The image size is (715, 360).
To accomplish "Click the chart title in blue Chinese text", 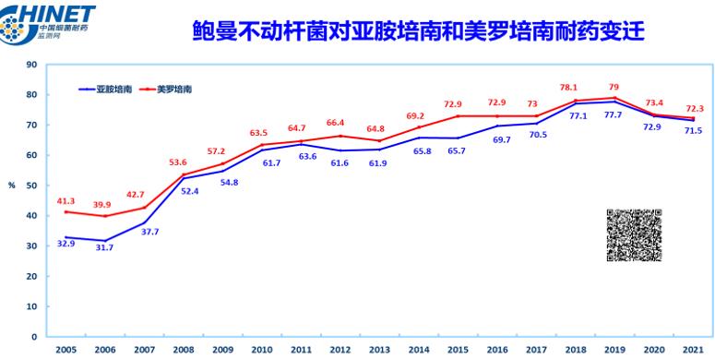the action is coord(418,31).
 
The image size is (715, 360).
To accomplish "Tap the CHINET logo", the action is coord(47,24).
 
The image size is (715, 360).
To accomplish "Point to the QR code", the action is coord(634,235).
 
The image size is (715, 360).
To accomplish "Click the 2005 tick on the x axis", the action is coord(66,350).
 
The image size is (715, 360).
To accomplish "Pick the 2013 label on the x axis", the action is coord(379,350).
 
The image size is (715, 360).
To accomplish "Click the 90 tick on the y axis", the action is coord(31,65).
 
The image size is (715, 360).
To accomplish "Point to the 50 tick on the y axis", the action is coord(31,186).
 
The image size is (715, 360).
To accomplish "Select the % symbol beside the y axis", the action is coord(12,186).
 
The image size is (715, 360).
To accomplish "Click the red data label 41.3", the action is coord(66,201).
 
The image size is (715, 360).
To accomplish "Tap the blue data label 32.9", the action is coord(66,244).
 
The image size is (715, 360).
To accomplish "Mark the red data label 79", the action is coord(614,87).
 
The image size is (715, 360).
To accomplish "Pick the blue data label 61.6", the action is coord(340,163).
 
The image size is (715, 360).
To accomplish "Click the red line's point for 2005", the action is coord(66,211).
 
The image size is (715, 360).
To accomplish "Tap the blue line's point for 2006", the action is coord(105,240).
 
